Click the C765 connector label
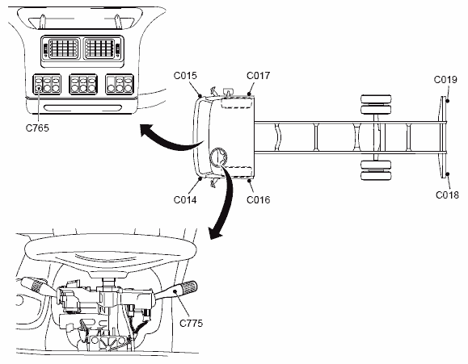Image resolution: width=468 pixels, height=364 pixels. [37, 128]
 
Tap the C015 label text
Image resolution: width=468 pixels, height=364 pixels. [185, 75]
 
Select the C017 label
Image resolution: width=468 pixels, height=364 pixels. [258, 75]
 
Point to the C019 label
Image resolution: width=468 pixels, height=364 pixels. [445, 80]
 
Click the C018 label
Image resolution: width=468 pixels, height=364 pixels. [447, 195]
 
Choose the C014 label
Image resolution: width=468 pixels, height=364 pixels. [185, 199]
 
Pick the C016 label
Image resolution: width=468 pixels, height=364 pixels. [258, 199]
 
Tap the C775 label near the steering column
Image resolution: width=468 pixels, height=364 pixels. [191, 323]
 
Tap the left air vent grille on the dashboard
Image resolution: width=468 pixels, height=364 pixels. [63, 48]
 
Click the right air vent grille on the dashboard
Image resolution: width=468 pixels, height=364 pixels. [100, 48]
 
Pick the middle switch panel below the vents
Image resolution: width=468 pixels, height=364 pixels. [83, 84]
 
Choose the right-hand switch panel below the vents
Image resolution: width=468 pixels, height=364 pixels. [120, 84]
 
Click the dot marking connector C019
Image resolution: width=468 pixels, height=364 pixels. [448, 101]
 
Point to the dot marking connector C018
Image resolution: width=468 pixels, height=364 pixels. [448, 174]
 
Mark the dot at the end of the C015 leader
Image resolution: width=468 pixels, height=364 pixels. [200, 96]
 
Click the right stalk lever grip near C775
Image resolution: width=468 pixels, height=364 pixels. [190, 286]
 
